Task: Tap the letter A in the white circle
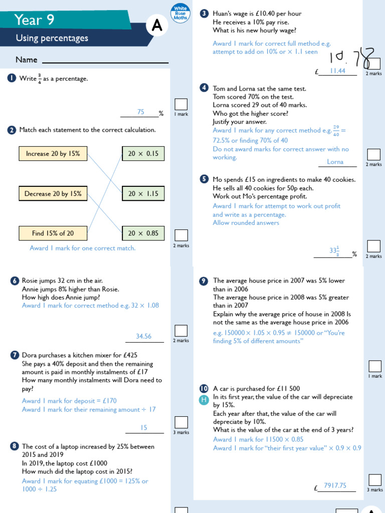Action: coord(157,27)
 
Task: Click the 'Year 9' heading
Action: coord(35,20)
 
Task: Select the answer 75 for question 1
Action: coord(141,112)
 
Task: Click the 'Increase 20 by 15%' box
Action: coord(53,154)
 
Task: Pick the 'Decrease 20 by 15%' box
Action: coord(53,194)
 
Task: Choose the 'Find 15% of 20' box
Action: coord(53,233)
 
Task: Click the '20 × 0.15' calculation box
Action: coord(143,154)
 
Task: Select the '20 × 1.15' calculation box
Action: coord(143,194)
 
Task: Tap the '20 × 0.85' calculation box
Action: coord(143,233)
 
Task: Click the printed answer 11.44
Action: coord(337,71)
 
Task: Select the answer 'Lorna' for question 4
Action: coord(335,161)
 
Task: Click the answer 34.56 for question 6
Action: coord(143,336)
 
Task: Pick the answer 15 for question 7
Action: coord(144,427)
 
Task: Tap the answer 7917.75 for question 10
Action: coord(335,485)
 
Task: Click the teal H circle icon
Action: coord(204,399)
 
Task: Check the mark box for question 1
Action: coord(181,104)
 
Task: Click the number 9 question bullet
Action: coord(204,281)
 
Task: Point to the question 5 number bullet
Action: coord(204,179)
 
